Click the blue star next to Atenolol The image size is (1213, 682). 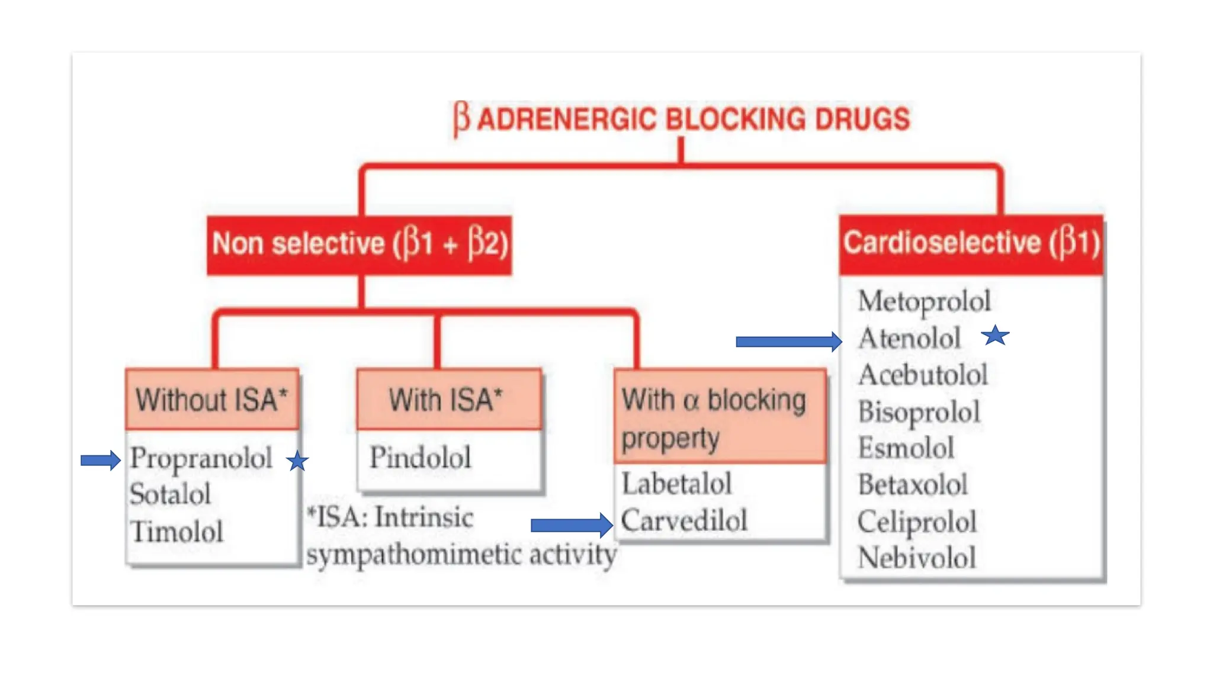(995, 336)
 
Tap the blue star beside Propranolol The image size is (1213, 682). (297, 461)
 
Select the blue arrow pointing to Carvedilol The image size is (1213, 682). (571, 525)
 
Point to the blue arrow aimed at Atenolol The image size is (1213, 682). (788, 342)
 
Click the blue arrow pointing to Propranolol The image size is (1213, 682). (100, 460)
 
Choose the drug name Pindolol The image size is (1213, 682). (421, 458)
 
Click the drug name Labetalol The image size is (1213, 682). (676, 484)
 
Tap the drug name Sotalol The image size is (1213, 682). (171, 494)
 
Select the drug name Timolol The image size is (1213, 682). (177, 531)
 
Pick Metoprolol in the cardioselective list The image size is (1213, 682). (924, 301)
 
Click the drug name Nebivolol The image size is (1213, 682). (917, 558)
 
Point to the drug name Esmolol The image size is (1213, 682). (906, 448)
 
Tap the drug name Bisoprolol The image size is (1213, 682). (919, 412)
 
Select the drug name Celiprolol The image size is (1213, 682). (917, 522)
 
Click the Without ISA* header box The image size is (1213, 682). (212, 400)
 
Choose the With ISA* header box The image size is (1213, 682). (448, 400)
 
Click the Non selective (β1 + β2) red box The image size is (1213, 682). (360, 245)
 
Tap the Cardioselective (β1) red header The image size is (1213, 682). (971, 243)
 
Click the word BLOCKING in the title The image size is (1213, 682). (736, 119)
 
